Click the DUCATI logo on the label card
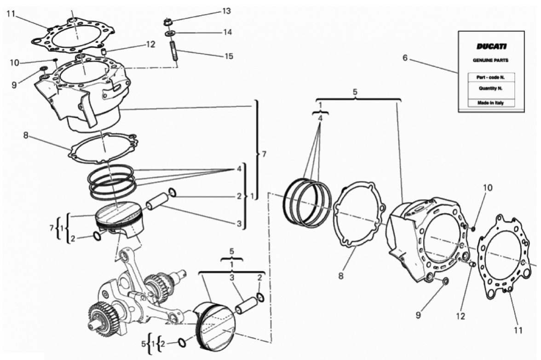click(x=491, y=46)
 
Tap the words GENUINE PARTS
click(x=490, y=60)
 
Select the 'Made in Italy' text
click(x=490, y=103)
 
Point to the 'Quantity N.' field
click(x=490, y=88)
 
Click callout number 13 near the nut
click(x=226, y=12)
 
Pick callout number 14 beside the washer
click(x=227, y=32)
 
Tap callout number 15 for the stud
click(x=229, y=56)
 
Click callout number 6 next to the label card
click(x=405, y=58)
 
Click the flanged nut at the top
click(x=167, y=23)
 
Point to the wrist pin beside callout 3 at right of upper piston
click(x=157, y=201)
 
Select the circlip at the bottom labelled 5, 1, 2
click(x=182, y=343)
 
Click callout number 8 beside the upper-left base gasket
click(x=26, y=136)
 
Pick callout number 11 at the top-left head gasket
click(x=11, y=13)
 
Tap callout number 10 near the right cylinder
click(x=488, y=188)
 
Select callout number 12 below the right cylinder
click(x=460, y=316)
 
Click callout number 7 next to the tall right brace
click(x=264, y=154)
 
